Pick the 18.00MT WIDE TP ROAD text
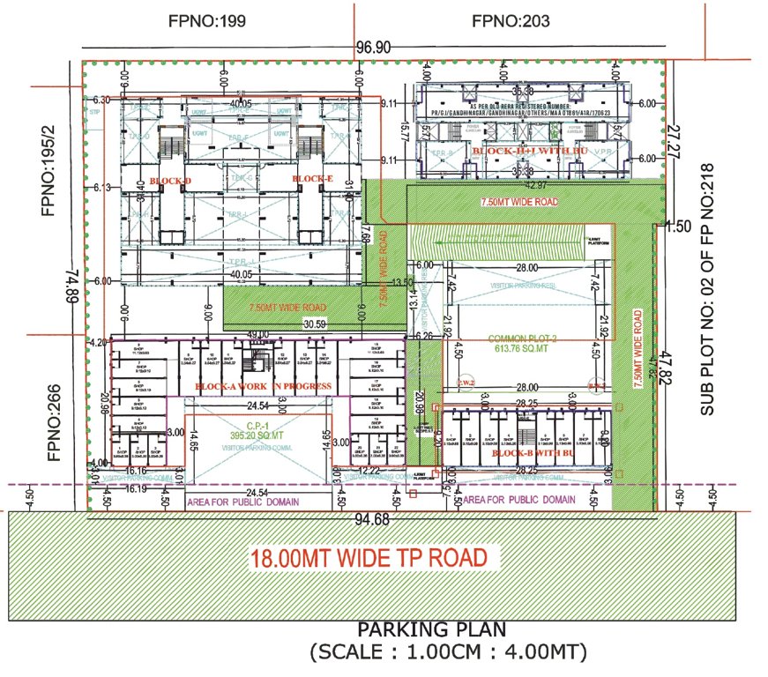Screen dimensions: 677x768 (369, 557)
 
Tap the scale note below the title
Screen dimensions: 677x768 (447, 653)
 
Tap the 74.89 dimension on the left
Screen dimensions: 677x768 (68, 286)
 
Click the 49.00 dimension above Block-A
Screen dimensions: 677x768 (257, 335)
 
